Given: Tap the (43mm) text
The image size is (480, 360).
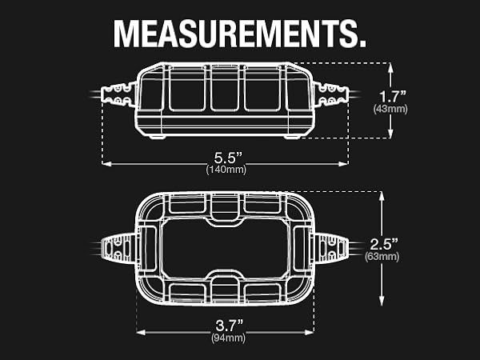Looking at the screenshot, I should pos(390,110).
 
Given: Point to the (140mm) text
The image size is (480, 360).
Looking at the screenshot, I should pos(225,169).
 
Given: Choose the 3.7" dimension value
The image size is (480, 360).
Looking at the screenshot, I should pos(225,325).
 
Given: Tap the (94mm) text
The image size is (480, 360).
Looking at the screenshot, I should pos(225,339).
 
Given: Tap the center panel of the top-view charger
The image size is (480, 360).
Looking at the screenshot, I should pos(225,248).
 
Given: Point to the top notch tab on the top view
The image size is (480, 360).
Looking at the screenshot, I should pos(225,210).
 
